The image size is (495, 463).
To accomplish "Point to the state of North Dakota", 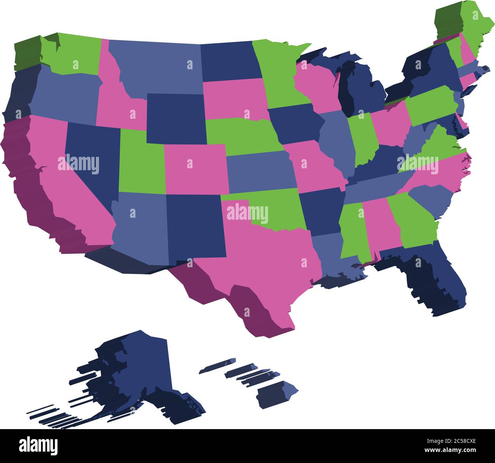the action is click(228, 61).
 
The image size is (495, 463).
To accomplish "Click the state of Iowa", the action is click(293, 124).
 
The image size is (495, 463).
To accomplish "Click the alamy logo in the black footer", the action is click(38, 445).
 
